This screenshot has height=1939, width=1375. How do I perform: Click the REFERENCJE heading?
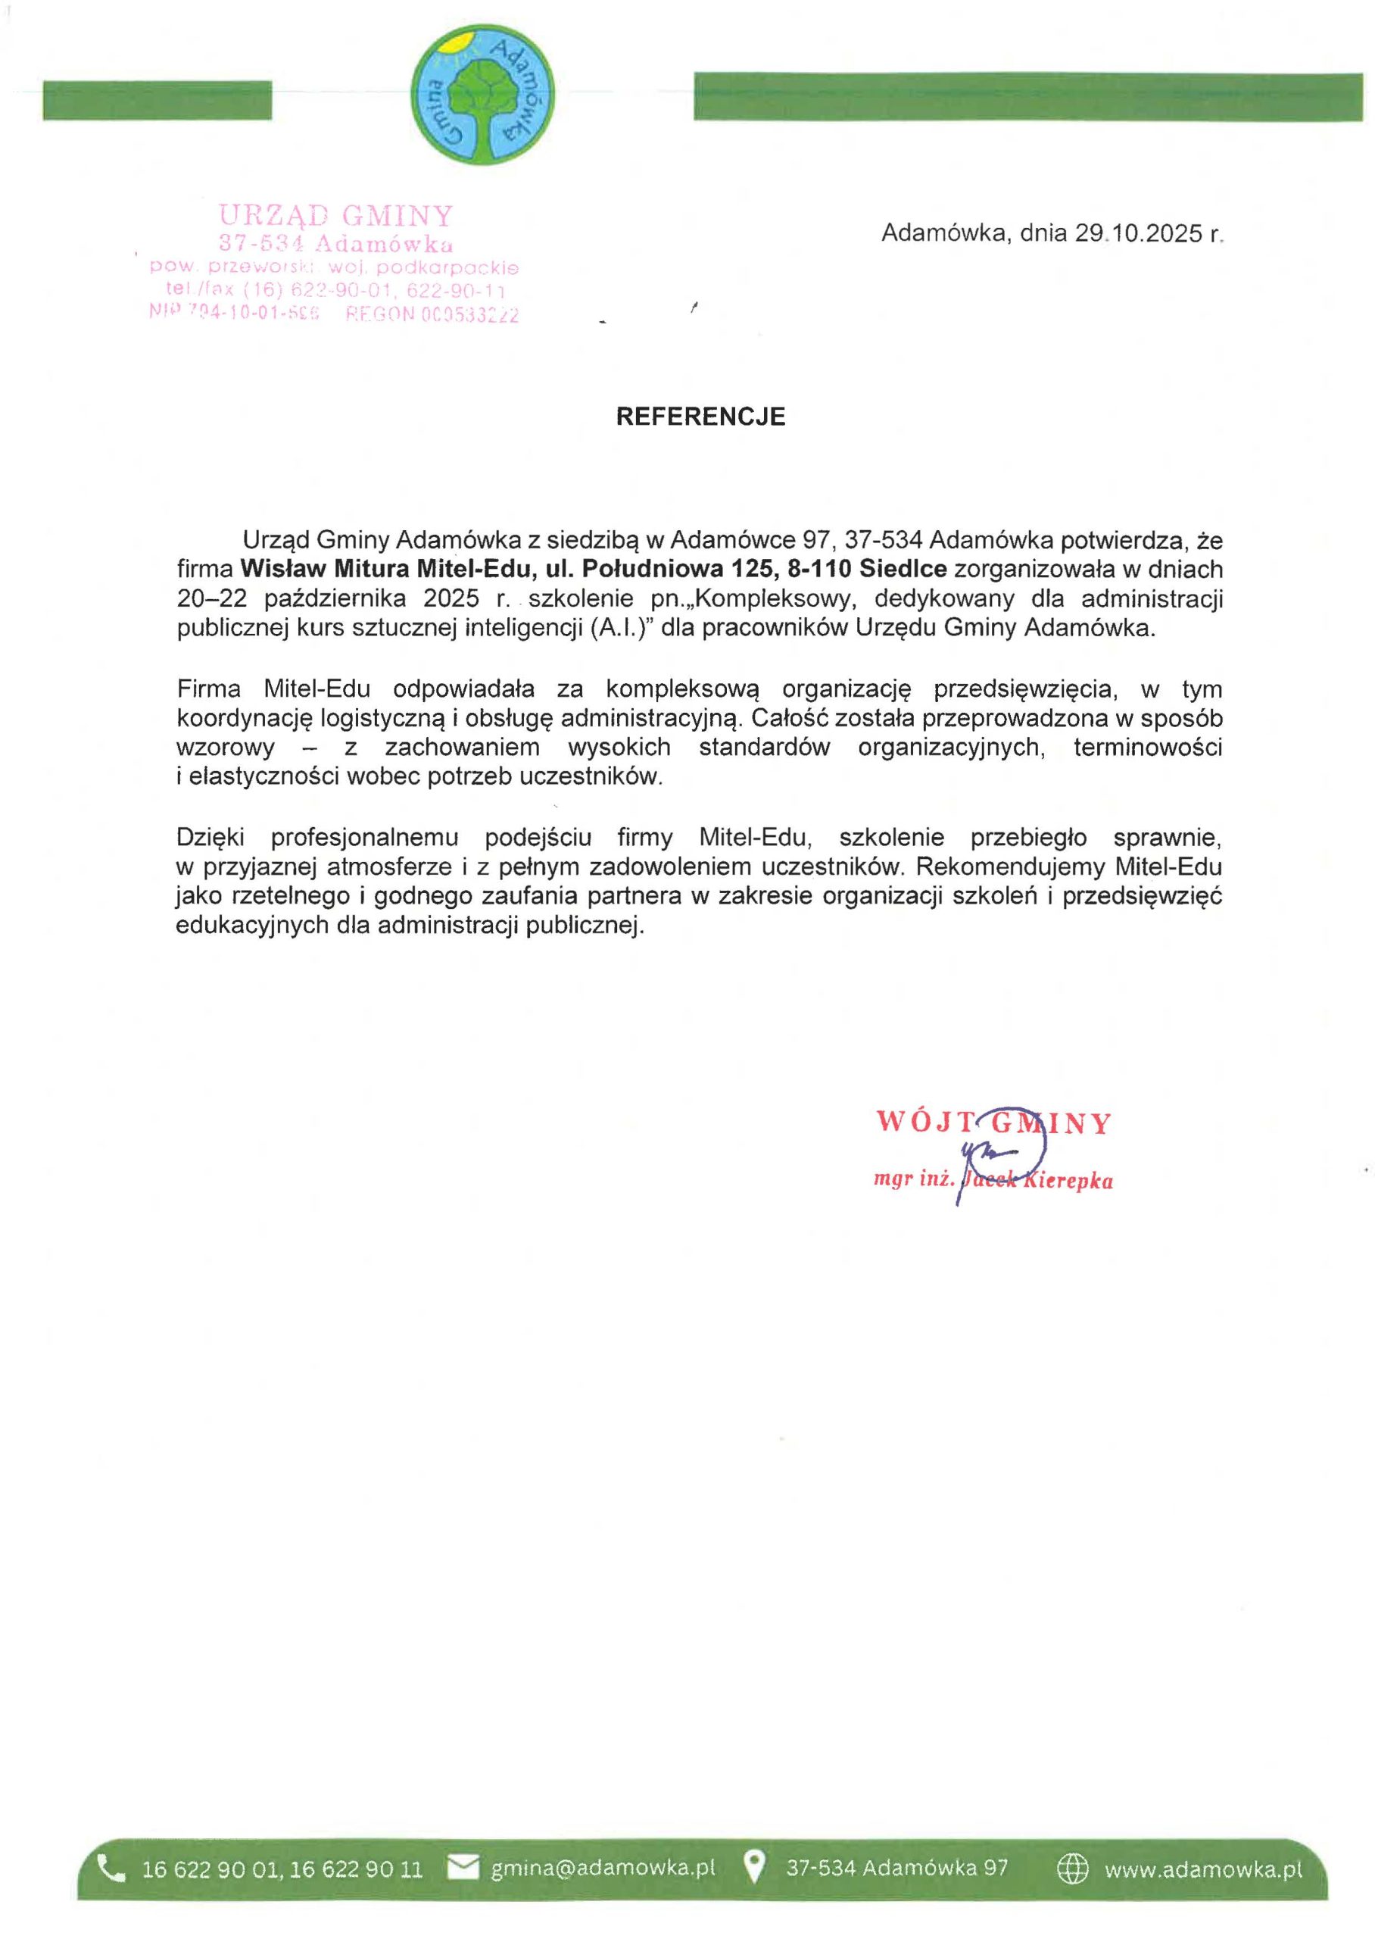pyautogui.click(x=700, y=417)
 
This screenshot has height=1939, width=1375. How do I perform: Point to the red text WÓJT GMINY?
pyautogui.click(x=993, y=1122)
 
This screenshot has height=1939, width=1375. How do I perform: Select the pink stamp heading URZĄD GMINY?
pyautogui.click(x=336, y=215)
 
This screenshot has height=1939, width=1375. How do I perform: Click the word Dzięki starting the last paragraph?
pyautogui.click(x=210, y=838)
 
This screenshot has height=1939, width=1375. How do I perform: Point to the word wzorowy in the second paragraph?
pyautogui.click(x=225, y=748)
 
